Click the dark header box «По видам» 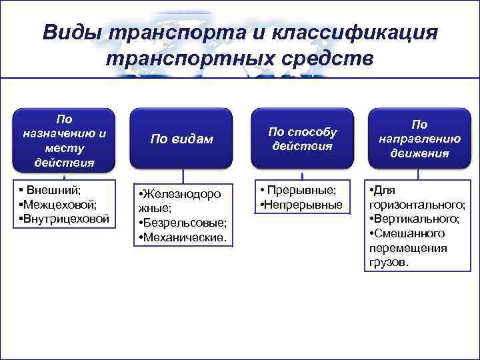(182, 139)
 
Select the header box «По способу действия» (303, 139)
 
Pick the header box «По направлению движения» (419, 139)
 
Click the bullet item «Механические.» (184, 237)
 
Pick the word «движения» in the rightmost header (419, 153)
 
